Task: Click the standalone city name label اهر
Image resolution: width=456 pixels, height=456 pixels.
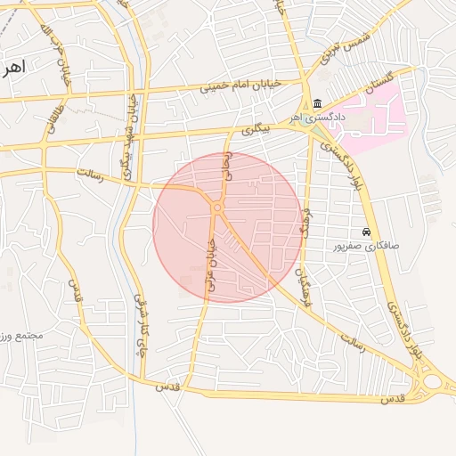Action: tap(14, 66)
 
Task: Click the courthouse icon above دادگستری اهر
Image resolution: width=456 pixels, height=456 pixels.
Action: tap(318, 103)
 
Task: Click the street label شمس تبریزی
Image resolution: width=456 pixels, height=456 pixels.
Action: tap(346, 51)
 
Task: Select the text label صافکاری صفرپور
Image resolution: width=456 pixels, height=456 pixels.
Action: tap(366, 245)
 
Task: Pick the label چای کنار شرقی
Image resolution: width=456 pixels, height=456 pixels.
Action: tap(139, 326)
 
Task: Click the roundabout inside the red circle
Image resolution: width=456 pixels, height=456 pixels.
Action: tap(217, 208)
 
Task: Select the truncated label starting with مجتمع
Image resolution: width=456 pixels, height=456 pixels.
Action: tap(21, 336)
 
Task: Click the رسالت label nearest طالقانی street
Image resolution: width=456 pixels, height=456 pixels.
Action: tap(89, 173)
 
